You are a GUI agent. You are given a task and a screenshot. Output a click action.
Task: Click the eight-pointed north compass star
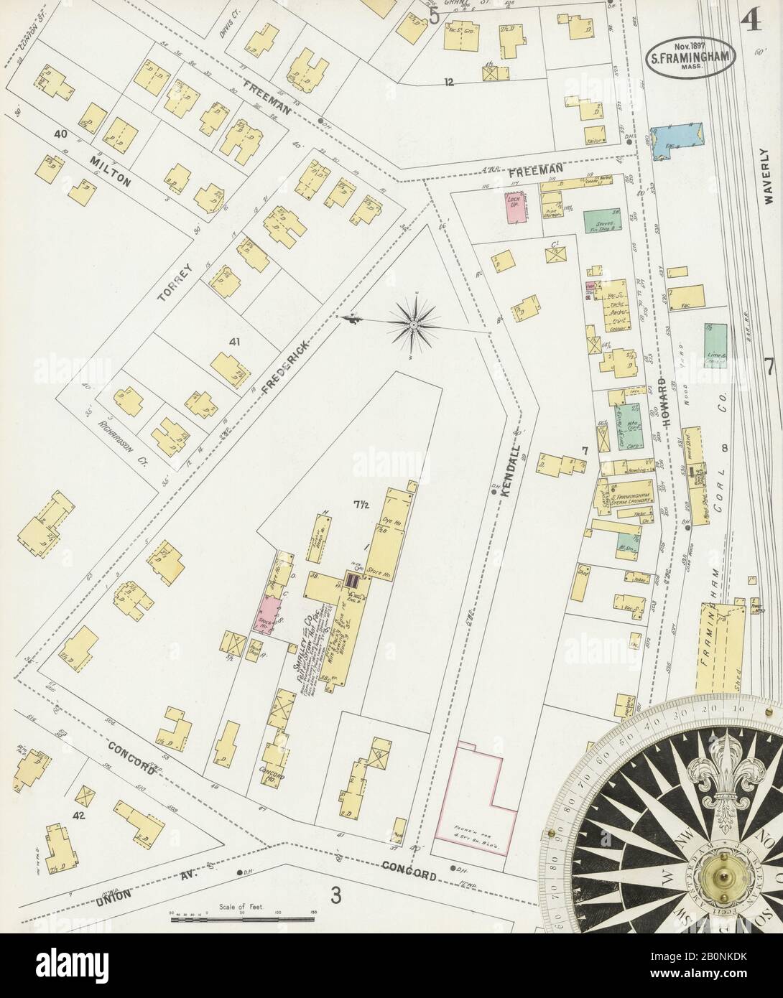click(413, 325)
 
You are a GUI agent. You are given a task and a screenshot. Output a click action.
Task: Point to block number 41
click(233, 342)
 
